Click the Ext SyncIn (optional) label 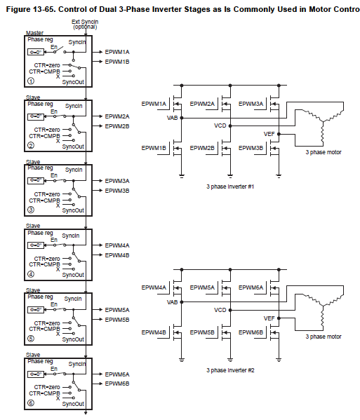point(84,24)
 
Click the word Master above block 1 point(34,33)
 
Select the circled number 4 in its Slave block point(30,274)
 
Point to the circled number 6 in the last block point(30,403)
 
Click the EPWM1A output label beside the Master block point(116,53)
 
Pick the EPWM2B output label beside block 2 point(116,126)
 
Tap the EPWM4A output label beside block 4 point(116,245)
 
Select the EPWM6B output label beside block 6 point(116,384)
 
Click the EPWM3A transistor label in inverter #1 point(251,104)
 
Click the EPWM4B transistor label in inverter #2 point(154,332)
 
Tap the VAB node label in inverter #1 point(172,118)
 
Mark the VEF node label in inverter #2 point(269,318)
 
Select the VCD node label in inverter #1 point(220,126)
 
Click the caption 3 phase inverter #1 point(229,187)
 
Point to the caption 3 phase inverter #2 point(229,370)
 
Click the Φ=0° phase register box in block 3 point(36,181)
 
